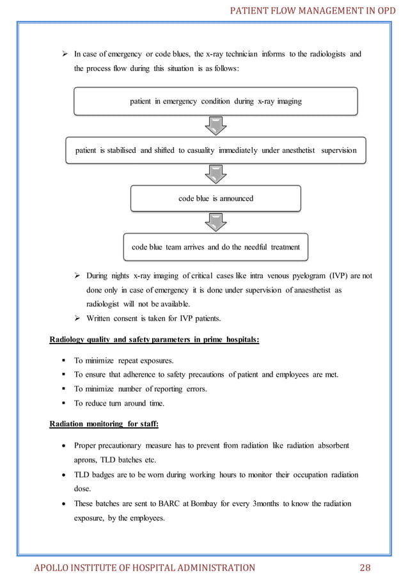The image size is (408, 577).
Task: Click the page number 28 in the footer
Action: [365, 567]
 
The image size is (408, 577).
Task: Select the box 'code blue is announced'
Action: [216, 198]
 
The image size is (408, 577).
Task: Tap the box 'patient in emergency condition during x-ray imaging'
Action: [216, 101]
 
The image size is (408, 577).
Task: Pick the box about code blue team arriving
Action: [216, 246]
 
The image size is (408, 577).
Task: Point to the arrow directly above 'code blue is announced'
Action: [216, 174]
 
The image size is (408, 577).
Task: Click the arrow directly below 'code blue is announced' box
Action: [216, 223]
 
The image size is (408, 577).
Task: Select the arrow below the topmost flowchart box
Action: [216, 125]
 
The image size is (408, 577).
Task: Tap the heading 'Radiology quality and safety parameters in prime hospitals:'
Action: [154, 340]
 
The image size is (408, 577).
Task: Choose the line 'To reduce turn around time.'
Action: [119, 403]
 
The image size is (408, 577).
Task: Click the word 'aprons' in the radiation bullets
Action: [87, 460]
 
